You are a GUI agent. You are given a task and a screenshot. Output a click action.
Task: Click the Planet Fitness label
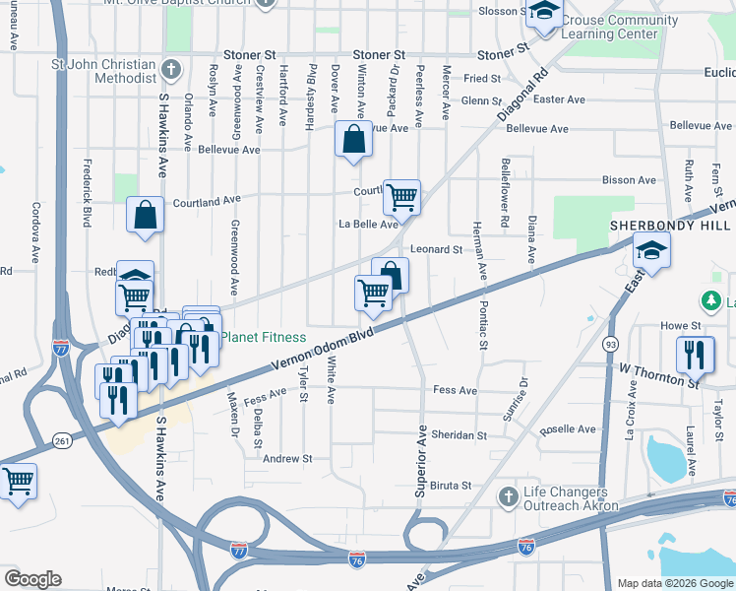(x=263, y=337)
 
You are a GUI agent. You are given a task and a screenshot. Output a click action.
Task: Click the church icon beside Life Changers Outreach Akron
(x=508, y=494)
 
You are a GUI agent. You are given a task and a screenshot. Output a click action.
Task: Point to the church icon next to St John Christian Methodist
(x=171, y=70)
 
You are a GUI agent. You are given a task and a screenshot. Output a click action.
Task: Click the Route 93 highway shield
(x=610, y=344)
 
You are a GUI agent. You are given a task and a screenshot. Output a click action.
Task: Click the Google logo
(x=32, y=579)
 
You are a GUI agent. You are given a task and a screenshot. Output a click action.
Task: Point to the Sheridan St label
(x=461, y=434)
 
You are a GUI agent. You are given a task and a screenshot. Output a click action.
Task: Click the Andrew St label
(x=287, y=458)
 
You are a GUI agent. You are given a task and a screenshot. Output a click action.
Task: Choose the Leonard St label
(x=437, y=250)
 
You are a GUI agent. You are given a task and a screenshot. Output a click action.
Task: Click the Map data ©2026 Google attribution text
(x=675, y=583)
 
